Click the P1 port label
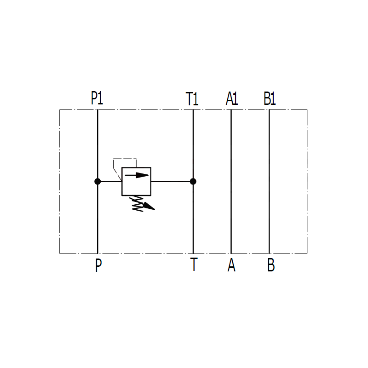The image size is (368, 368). (97, 98)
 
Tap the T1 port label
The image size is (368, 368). (192, 99)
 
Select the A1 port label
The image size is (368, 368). (232, 98)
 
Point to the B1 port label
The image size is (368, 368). (270, 98)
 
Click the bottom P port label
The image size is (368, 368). (98, 265)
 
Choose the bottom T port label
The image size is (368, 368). (194, 264)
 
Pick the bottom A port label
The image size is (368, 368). (231, 265)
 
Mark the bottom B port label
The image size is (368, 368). (271, 265)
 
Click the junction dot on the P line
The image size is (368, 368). (98, 181)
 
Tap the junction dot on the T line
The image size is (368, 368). (193, 181)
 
